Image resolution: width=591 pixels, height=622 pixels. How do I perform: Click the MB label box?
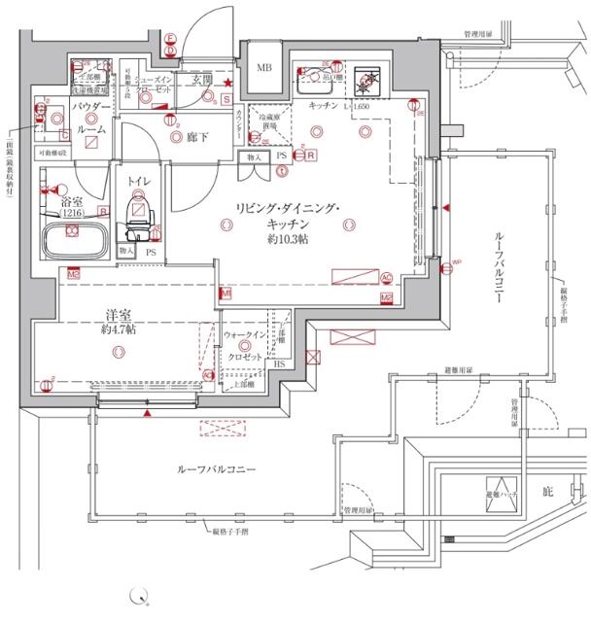click(263, 68)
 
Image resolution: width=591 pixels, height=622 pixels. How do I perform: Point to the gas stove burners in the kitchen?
click(369, 82)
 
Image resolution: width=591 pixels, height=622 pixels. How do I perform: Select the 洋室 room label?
click(119, 313)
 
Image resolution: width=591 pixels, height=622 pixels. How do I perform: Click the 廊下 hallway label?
click(199, 137)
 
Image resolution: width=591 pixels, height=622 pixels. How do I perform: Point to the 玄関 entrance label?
click(202, 78)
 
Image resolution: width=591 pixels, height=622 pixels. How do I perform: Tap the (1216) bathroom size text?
click(72, 212)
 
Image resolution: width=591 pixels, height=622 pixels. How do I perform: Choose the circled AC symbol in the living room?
click(386, 276)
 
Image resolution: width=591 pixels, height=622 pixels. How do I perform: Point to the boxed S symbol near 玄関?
click(226, 99)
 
